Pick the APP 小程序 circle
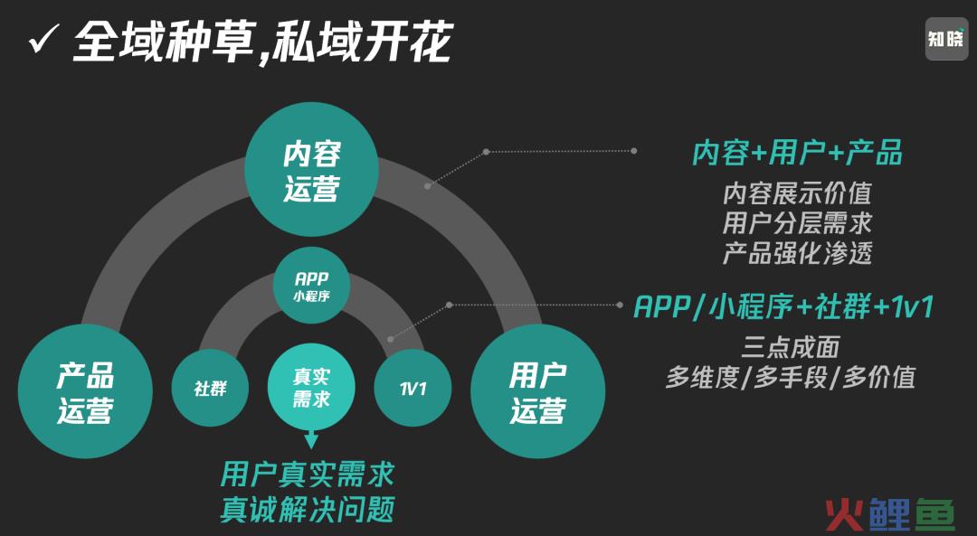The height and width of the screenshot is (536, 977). pos(311,286)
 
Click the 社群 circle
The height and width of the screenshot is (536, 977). pos(210,389)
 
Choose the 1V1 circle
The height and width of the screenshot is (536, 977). pos(413,389)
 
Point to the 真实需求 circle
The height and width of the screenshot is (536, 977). pos(311,386)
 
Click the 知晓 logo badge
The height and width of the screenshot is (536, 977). pos(946,39)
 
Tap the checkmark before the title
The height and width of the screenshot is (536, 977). pos(44,42)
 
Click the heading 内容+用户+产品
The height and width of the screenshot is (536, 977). pos(797,154)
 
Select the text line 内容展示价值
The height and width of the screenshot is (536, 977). pos(797,193)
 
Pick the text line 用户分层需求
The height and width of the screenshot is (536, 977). pos(797,223)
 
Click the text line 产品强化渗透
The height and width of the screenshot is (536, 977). pos(797,253)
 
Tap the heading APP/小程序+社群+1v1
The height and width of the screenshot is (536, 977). pos(783,307)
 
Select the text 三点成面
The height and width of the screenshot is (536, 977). pos(791,347)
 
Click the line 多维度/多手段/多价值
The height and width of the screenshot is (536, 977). pos(791,377)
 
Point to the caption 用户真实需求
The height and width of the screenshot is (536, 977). pos(308,475)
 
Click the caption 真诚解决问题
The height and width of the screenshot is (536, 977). pos(308,508)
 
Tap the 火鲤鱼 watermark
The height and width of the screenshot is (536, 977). pos(890,513)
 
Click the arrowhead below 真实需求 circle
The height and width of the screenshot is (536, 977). pos(311,442)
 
